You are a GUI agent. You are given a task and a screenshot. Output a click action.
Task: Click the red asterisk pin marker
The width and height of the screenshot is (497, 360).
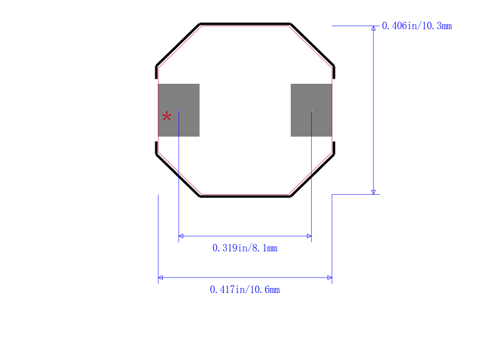pos(166,117)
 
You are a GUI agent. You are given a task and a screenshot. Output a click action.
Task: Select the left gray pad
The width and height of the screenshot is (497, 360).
pos(179,110)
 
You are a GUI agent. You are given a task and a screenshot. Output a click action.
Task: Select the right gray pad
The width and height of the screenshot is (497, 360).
pos(311,110)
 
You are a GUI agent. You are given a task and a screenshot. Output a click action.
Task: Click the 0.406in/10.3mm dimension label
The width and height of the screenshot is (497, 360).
pos(417,25)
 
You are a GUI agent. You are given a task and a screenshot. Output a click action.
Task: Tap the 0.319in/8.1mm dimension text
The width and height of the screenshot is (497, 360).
pos(245,248)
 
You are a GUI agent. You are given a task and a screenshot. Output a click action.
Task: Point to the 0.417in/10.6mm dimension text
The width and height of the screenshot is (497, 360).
pos(245,289)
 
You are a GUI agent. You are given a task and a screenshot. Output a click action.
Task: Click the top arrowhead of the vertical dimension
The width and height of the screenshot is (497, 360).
pos(373,28)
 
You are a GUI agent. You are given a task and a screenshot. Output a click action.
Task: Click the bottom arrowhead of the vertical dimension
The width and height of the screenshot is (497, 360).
pos(373,192)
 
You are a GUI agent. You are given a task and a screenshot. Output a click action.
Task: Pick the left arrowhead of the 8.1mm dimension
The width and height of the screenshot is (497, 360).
pos(181,236)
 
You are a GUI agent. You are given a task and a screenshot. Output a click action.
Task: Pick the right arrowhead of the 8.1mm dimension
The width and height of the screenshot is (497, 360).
pos(309,236)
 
